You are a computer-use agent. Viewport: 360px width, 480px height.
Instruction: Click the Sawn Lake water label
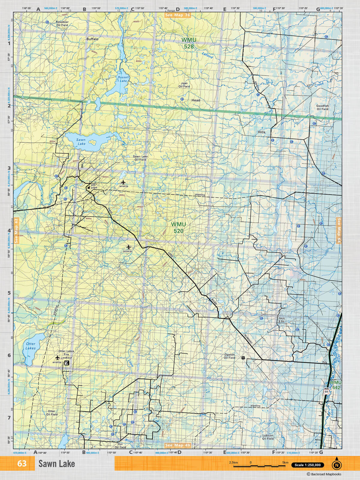coord(81,142)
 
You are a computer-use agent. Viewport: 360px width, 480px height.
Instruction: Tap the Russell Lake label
coord(123,79)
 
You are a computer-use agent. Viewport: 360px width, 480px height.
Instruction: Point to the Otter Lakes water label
coord(31,346)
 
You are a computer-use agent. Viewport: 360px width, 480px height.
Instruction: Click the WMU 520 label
coord(178,227)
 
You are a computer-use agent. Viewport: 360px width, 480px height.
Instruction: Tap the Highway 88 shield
coord(326,391)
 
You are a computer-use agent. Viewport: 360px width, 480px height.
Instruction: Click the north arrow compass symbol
coord(337,464)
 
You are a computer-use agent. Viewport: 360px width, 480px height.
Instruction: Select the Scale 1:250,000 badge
coord(307,465)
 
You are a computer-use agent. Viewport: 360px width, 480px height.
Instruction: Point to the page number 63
coord(22,463)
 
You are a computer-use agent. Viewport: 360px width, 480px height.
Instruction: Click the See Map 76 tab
coord(177,15)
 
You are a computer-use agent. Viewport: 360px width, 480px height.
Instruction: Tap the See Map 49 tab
coord(178,445)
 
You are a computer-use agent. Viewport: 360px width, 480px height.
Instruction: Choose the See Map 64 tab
coord(339,230)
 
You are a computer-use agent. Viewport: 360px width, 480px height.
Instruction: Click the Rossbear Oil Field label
coord(62,23)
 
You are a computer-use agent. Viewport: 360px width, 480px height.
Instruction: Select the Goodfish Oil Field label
coord(322,107)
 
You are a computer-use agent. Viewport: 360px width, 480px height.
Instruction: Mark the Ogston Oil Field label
coord(229,356)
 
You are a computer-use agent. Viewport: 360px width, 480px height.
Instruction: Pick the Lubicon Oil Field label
coord(268,437)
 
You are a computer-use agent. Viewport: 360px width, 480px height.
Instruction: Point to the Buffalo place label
coord(92,39)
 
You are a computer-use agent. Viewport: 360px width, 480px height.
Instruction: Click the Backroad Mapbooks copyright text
coord(324,474)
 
